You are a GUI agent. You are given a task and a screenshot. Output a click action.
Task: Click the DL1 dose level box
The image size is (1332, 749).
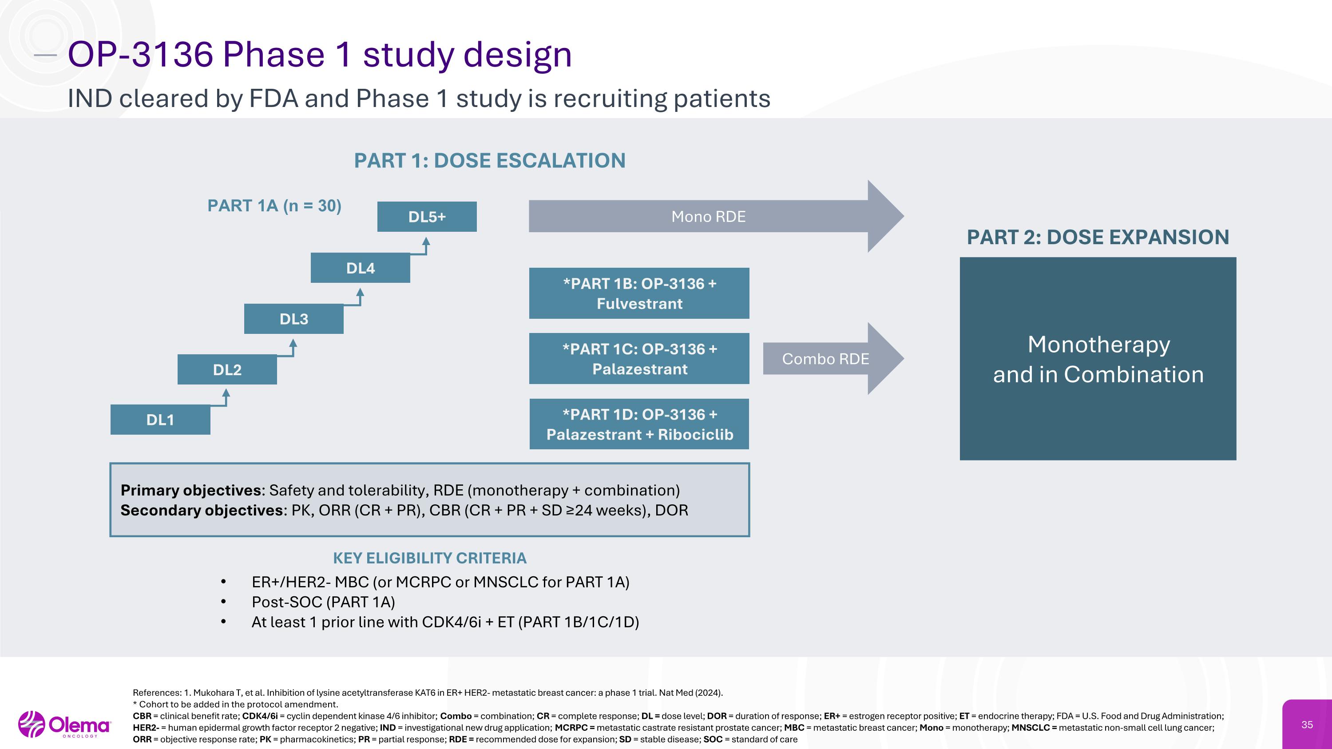coord(160,420)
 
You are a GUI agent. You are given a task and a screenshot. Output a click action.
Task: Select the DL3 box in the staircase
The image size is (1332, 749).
coord(293,319)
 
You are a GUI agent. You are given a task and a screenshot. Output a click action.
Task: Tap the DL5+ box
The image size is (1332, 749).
coord(427,217)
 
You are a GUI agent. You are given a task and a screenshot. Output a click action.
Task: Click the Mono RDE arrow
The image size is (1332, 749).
coord(708,217)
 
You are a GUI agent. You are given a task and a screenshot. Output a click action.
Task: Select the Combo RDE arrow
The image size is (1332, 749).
coord(827,359)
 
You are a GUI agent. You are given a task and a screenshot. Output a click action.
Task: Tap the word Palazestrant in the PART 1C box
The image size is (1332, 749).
coord(640,369)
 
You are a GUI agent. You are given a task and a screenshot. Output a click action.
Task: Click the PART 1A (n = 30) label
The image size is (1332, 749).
coord(274,206)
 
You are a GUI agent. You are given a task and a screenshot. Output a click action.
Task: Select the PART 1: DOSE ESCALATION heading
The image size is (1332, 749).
coord(490,161)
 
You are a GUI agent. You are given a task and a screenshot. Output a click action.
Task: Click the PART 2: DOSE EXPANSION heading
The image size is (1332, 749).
coord(1098,237)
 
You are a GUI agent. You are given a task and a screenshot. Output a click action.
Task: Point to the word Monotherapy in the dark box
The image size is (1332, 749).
coord(1098,344)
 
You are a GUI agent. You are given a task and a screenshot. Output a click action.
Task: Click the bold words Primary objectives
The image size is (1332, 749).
coord(190,490)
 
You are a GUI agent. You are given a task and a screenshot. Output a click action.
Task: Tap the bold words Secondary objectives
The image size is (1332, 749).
coord(201,510)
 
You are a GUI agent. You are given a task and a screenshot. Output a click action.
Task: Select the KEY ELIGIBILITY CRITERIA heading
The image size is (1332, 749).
coord(429,558)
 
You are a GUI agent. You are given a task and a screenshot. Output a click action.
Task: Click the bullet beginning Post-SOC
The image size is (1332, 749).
coord(323,602)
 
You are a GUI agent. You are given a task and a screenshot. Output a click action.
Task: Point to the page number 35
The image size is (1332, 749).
coord(1307,725)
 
